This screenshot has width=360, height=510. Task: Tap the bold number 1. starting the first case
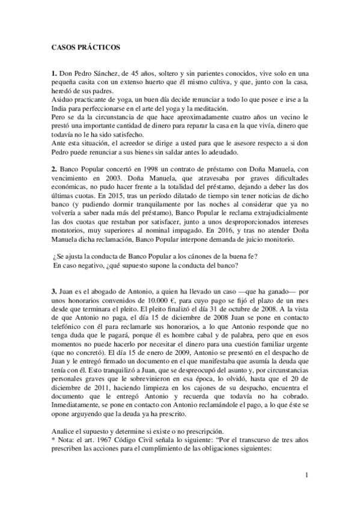coord(53,73)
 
